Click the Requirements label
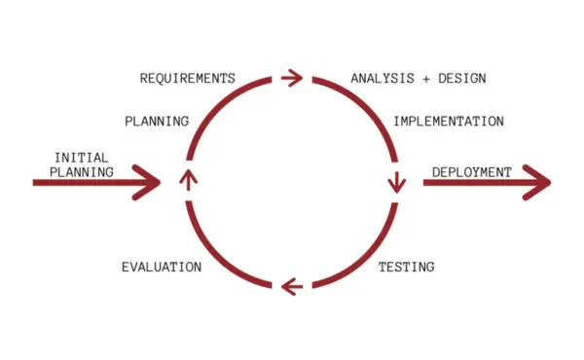187,78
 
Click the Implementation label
448,122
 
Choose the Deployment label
471,172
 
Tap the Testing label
406,266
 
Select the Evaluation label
162,266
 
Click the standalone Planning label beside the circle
156,122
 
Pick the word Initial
81,157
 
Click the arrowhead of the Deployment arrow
537,182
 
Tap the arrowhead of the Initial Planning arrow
149,181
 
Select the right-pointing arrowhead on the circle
292,78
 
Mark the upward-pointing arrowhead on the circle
188,177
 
